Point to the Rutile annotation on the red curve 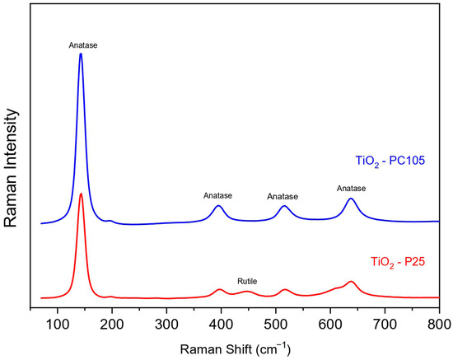[x=247, y=282]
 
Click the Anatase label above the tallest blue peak [x=83, y=45]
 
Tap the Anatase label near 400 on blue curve [x=217, y=195]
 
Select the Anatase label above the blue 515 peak [x=283, y=196]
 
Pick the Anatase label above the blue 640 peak [x=351, y=189]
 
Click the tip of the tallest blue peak [x=81, y=54]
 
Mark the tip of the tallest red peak [x=81, y=194]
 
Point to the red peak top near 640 [x=352, y=282]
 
